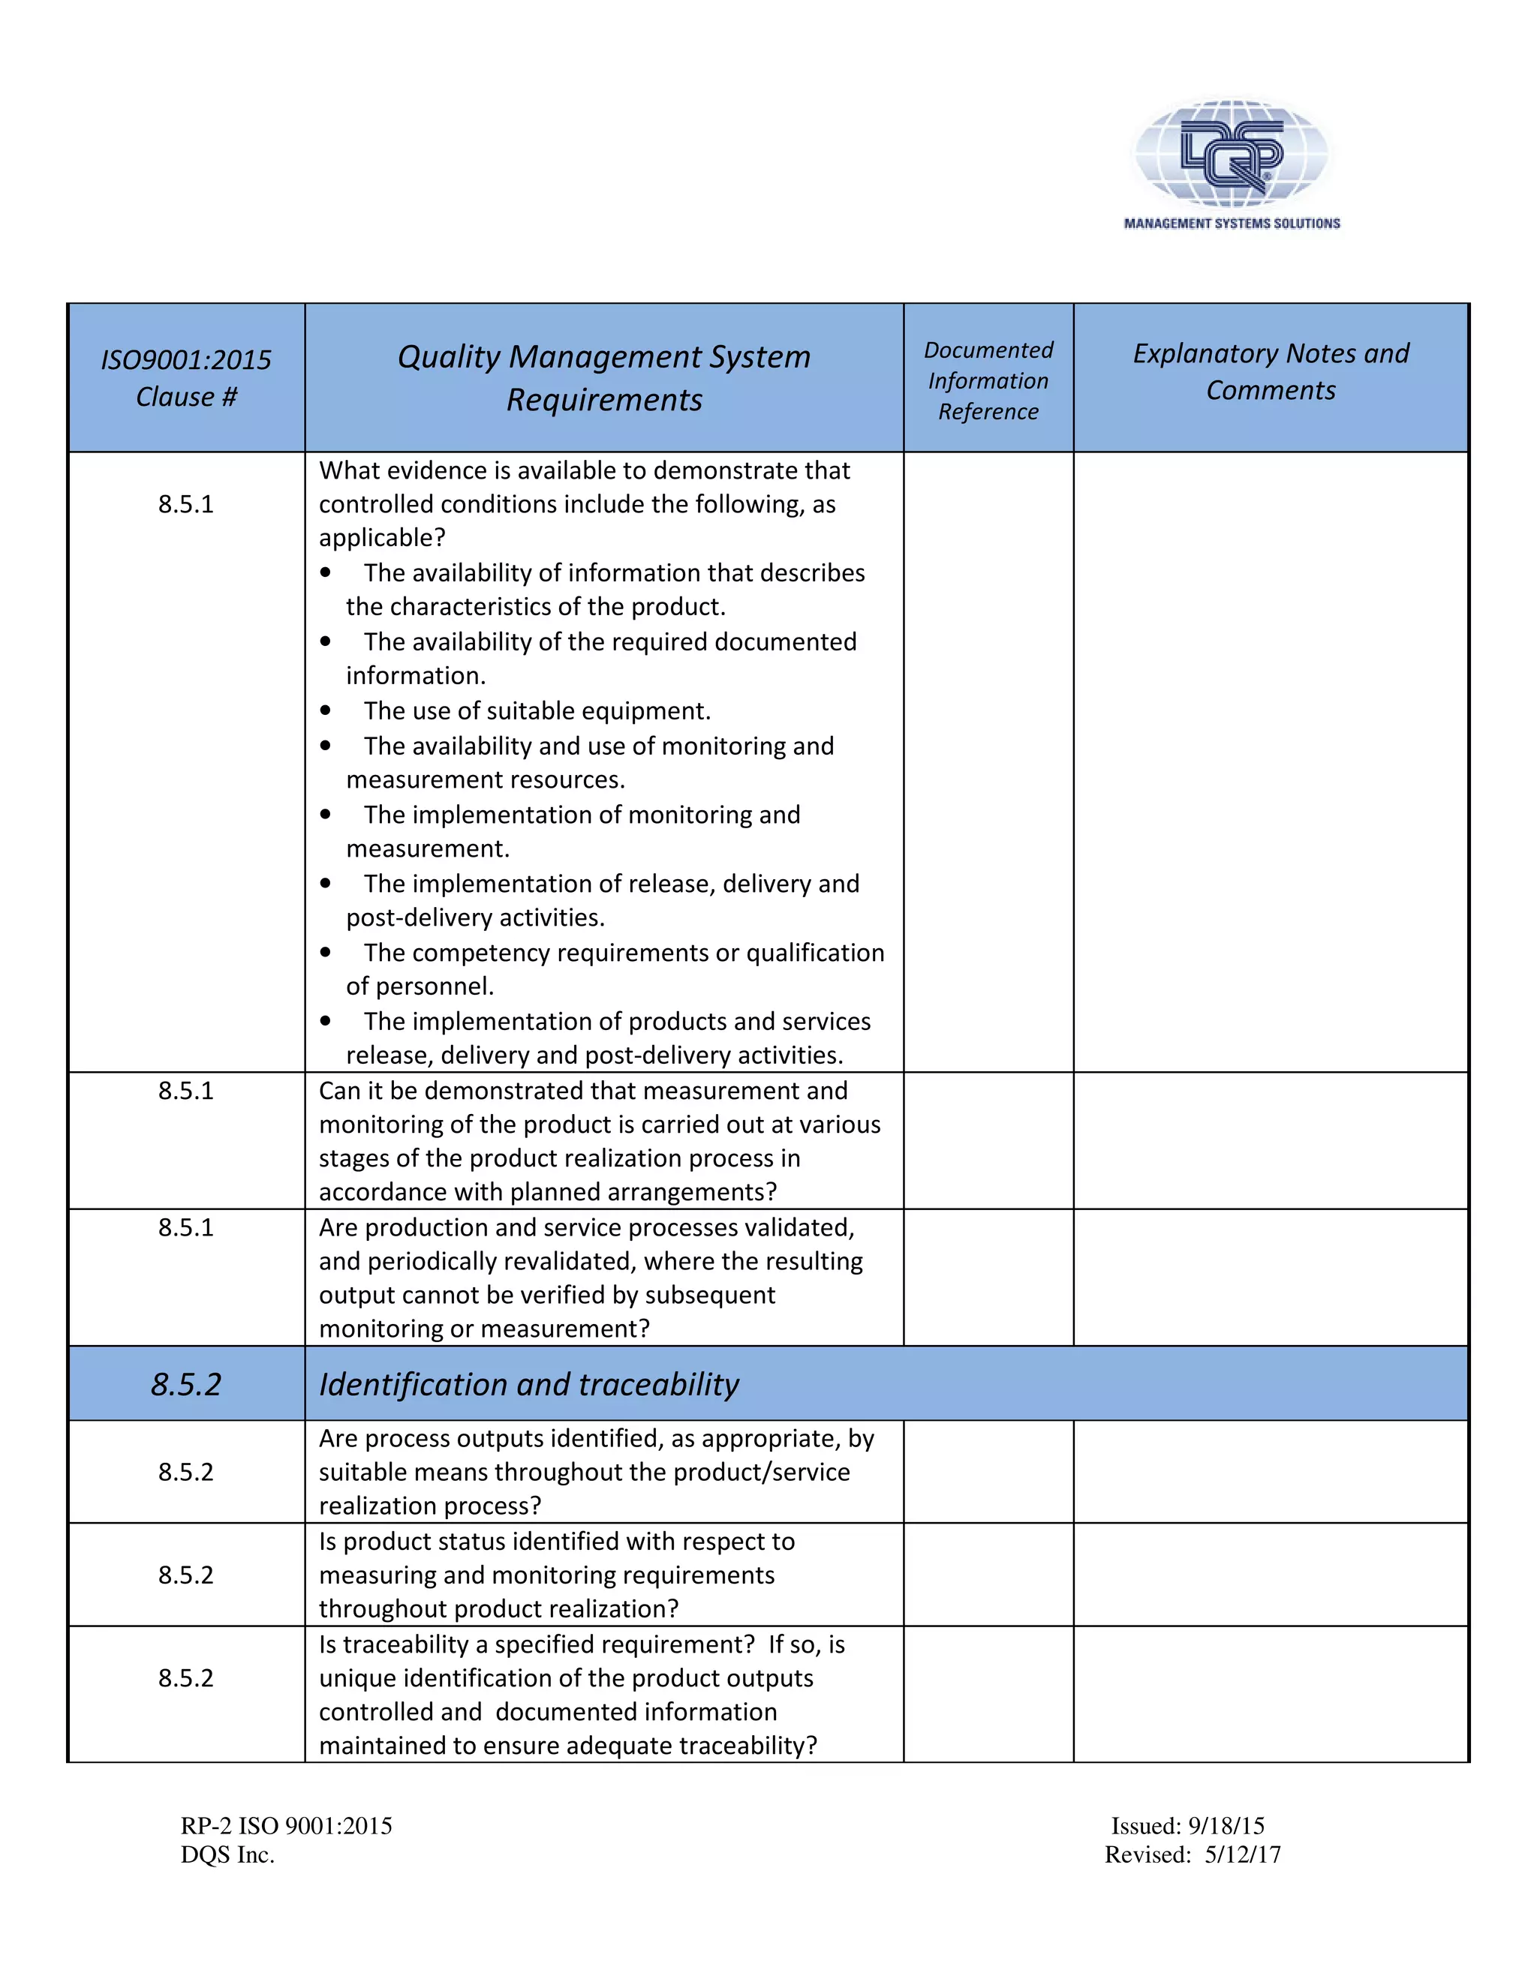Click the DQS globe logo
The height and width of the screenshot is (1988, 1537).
click(1231, 151)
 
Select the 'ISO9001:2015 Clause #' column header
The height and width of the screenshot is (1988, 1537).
click(186, 378)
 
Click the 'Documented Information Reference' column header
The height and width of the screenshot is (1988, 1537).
click(988, 380)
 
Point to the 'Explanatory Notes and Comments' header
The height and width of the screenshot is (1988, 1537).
click(1271, 371)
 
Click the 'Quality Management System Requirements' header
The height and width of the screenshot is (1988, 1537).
click(603, 378)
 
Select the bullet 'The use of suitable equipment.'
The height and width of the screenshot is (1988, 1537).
click(537, 711)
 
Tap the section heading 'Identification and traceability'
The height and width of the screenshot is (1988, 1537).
click(528, 1385)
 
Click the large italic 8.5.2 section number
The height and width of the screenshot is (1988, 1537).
click(186, 1385)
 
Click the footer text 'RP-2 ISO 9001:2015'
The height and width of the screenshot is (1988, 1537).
click(286, 1826)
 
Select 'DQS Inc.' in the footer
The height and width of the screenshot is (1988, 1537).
click(227, 1855)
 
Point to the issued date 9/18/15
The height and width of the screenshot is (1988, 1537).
click(1226, 1826)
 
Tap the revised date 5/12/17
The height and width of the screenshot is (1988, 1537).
click(1242, 1855)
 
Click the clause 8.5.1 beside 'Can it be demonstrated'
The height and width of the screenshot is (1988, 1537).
click(186, 1091)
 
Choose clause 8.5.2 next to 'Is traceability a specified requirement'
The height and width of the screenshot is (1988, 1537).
click(186, 1678)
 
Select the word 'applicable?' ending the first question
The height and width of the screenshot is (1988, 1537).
click(381, 538)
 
